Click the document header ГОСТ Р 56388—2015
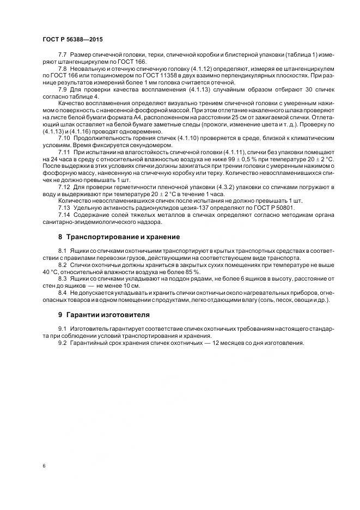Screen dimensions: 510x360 (x=72, y=40)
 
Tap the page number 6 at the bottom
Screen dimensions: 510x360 (x=44, y=466)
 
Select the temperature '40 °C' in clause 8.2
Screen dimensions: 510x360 (x=51, y=271)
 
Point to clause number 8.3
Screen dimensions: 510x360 (x=63, y=278)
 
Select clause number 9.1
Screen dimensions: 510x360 (x=63, y=329)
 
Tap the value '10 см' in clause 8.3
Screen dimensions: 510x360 (x=129, y=286)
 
